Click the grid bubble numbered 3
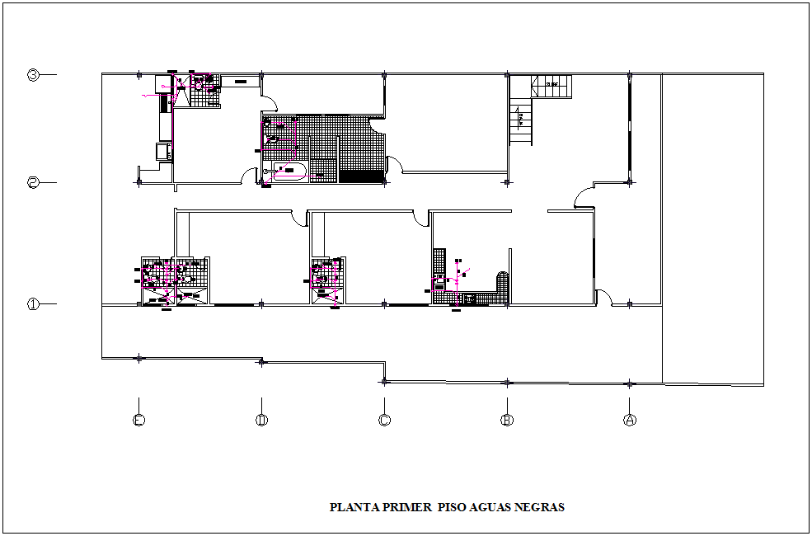(x=33, y=75)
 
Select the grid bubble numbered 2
(x=33, y=182)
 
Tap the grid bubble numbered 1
(x=33, y=304)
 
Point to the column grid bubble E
(x=138, y=420)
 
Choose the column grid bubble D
(x=261, y=420)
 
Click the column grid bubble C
(x=384, y=420)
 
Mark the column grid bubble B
(x=507, y=420)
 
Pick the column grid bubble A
(x=629, y=420)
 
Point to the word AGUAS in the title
(x=491, y=508)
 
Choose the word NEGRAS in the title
(x=540, y=508)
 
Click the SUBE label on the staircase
(x=553, y=84)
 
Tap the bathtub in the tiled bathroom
(x=289, y=172)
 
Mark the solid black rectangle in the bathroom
(x=361, y=176)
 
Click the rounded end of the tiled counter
(x=502, y=279)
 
